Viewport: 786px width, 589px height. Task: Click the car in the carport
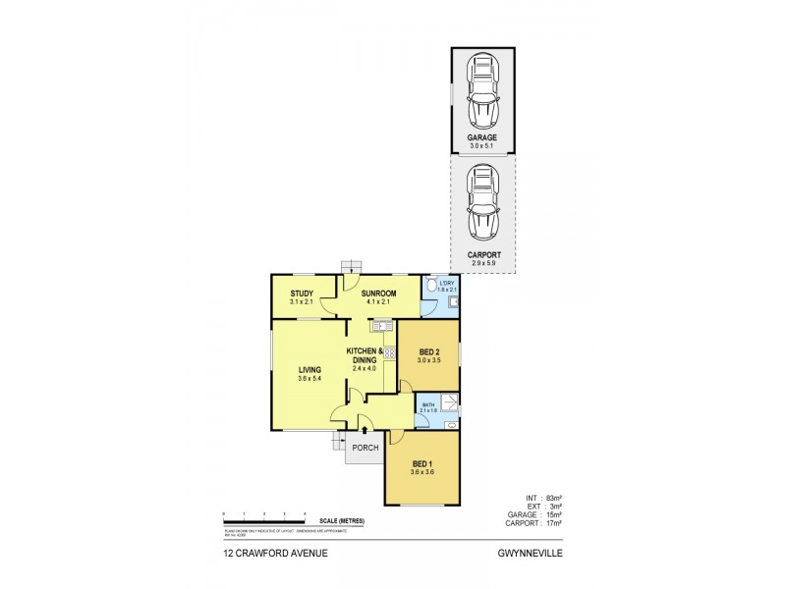[481, 204]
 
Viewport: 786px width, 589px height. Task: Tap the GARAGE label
[481, 137]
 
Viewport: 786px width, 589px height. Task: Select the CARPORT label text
[481, 254]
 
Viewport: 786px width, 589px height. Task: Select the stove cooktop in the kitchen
[389, 351]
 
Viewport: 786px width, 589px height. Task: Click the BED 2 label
[429, 351]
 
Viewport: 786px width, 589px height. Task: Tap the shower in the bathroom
[448, 402]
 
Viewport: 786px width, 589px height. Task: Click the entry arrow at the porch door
[365, 429]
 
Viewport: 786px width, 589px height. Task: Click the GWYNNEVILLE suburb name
[532, 553]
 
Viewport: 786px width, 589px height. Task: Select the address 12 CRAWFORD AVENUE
[275, 553]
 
